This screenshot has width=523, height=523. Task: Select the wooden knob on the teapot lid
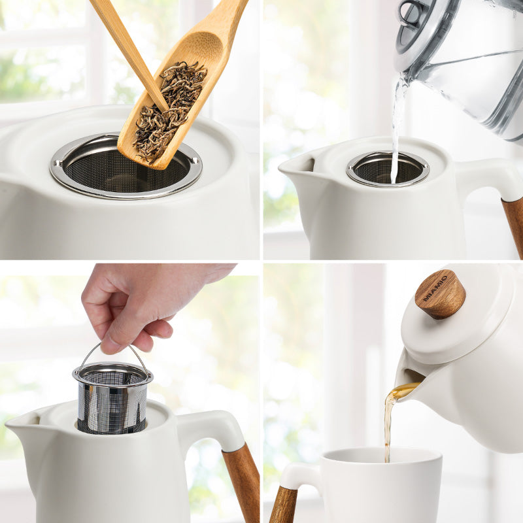(x=440, y=294)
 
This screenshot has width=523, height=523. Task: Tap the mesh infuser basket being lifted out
(x=112, y=400)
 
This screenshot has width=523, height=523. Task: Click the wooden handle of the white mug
(x=283, y=503)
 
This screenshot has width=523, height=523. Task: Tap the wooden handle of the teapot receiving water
(x=514, y=222)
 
